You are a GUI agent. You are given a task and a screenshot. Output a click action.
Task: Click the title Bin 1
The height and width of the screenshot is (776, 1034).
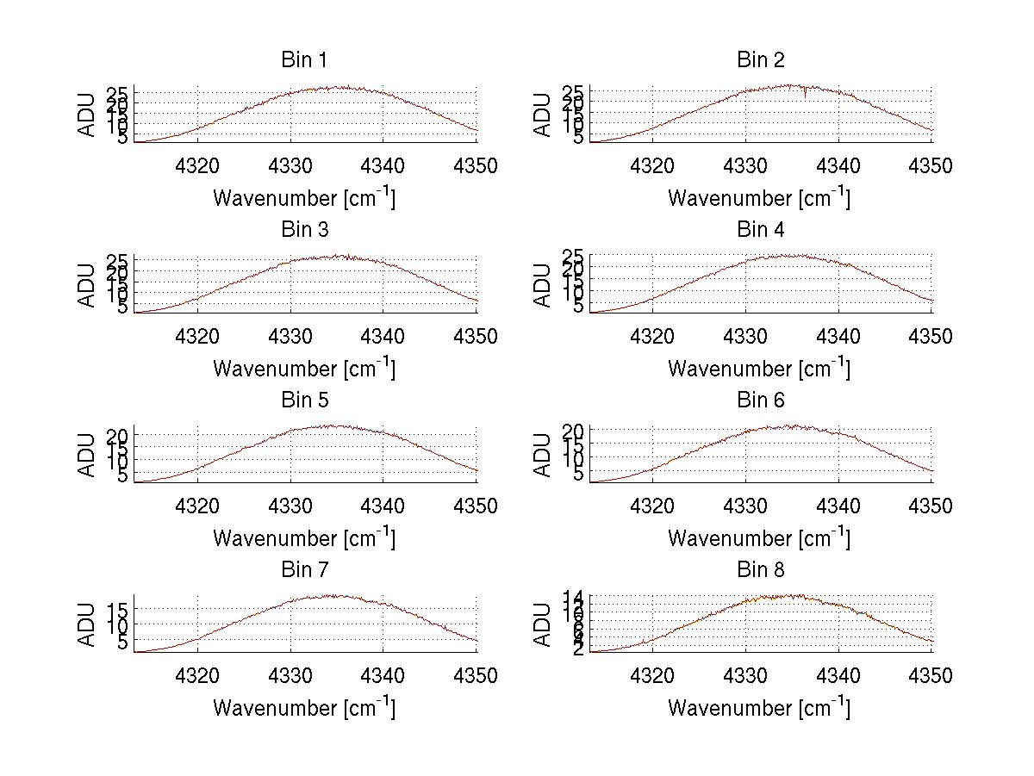(304, 59)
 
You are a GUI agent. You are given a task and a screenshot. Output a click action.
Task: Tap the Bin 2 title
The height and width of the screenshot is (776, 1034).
(760, 59)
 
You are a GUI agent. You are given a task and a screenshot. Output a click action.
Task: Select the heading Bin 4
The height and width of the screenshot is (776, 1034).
(760, 229)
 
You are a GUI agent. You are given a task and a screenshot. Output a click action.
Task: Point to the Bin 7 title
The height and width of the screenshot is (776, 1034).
(304, 569)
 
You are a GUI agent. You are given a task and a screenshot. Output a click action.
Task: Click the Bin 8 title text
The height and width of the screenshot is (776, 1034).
(760, 569)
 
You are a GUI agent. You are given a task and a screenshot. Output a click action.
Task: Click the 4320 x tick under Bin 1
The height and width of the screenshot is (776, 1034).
(198, 165)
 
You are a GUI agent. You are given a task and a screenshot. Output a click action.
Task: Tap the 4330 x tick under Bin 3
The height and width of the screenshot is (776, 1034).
(290, 336)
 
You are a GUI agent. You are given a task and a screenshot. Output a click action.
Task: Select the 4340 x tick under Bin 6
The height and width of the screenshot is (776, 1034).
(838, 506)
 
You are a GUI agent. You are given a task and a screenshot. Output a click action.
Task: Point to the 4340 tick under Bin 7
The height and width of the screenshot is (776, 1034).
(383, 675)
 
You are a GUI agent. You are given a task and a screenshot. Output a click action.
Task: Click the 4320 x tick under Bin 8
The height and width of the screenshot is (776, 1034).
(653, 675)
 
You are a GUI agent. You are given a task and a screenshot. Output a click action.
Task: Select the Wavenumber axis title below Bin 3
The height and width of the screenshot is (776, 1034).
(304, 368)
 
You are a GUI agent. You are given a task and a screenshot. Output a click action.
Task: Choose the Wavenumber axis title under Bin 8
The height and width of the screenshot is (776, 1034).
(759, 707)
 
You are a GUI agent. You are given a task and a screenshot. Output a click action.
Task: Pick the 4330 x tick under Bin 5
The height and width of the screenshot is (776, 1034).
(290, 506)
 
